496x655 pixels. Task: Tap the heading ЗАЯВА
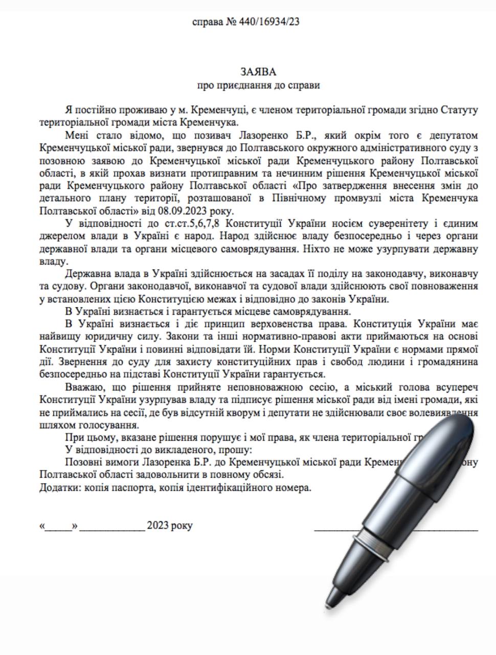pos(258,72)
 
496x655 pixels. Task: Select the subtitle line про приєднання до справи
pos(258,85)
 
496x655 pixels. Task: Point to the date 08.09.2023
pos(177,210)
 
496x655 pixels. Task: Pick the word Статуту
pos(459,110)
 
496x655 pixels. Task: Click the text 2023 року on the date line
pos(170,526)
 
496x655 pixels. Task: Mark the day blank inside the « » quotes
pos(60,526)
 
